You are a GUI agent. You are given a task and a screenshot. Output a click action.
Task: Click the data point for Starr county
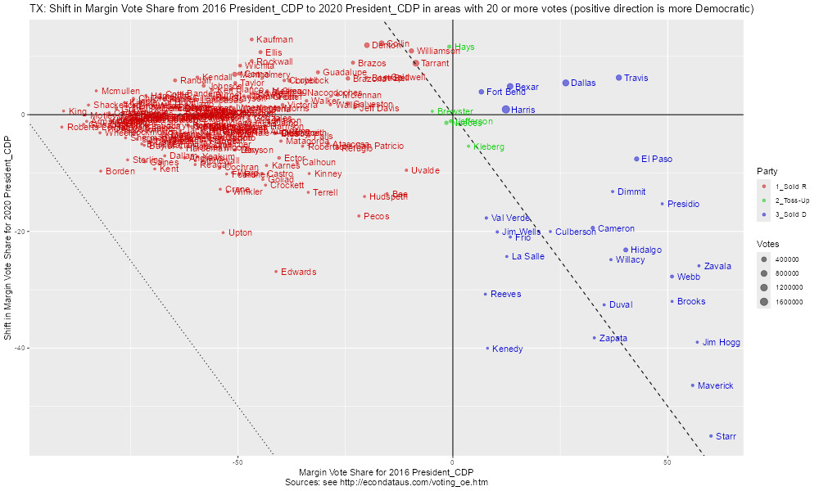pyautogui.click(x=711, y=436)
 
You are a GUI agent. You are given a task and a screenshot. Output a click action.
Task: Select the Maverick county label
pyautogui.click(x=716, y=385)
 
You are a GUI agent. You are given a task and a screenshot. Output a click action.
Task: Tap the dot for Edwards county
pyautogui.click(x=276, y=272)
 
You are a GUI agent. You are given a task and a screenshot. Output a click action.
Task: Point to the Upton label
pyautogui.click(x=240, y=232)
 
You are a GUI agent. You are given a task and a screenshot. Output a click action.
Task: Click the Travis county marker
pyautogui.click(x=619, y=78)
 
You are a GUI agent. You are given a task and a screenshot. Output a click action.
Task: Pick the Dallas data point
pyautogui.click(x=566, y=83)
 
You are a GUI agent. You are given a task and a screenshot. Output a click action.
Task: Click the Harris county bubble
pyautogui.click(x=506, y=109)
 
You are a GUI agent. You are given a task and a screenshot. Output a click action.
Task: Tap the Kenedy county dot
pyautogui.click(x=487, y=348)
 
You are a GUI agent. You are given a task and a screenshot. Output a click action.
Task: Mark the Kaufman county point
pyautogui.click(x=251, y=39)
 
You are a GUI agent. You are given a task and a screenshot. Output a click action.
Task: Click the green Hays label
pyautogui.click(x=464, y=47)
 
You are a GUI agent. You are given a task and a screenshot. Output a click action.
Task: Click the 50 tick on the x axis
pyautogui.click(x=667, y=462)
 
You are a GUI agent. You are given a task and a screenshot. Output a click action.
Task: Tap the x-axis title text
pyautogui.click(x=387, y=472)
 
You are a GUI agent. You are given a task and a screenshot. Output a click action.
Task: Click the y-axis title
pyautogui.click(x=7, y=238)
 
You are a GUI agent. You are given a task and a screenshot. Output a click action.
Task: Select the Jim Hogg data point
pyautogui.click(x=698, y=342)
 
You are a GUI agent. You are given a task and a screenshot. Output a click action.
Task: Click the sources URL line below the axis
pyautogui.click(x=387, y=483)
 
